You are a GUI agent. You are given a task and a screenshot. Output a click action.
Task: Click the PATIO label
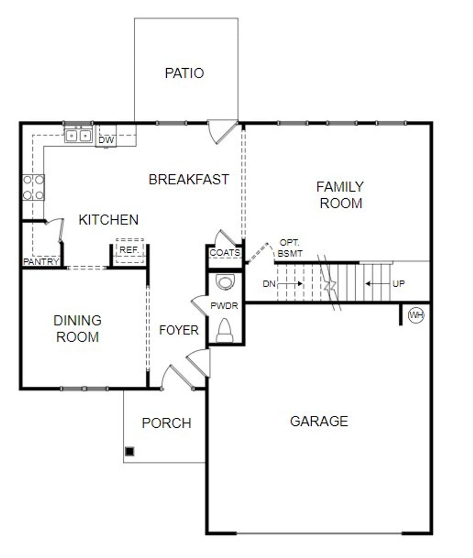pyautogui.click(x=184, y=73)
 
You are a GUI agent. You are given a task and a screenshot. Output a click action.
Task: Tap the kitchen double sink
pyautogui.click(x=78, y=136)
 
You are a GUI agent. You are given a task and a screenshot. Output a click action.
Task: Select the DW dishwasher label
pyautogui.click(x=106, y=140)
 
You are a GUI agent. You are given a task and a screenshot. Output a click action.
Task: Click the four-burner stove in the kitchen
pyautogui.click(x=33, y=187)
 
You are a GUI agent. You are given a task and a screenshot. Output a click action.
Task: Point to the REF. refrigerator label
pyautogui.click(x=129, y=250)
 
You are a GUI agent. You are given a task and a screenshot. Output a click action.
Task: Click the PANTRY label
pyautogui.click(x=41, y=262)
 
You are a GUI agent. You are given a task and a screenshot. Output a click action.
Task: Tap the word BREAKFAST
pyautogui.click(x=189, y=179)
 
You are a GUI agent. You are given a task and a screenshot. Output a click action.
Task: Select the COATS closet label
pyautogui.click(x=225, y=253)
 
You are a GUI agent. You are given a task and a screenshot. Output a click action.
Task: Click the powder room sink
pyautogui.click(x=225, y=282)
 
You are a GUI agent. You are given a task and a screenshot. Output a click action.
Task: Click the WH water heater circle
pyautogui.click(x=416, y=315)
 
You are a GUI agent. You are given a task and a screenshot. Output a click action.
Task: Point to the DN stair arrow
pyautogui.click(x=290, y=284)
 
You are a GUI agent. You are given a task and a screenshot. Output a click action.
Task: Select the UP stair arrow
pyautogui.click(x=377, y=284)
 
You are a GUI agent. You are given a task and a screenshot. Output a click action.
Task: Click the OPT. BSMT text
pyautogui.click(x=290, y=248)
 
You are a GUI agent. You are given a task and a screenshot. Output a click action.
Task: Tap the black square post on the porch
pyautogui.click(x=129, y=451)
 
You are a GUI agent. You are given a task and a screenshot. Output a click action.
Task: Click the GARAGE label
pyautogui.click(x=319, y=421)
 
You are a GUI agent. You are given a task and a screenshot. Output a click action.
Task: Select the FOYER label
pyautogui.click(x=179, y=330)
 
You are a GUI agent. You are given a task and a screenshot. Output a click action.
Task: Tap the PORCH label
pyautogui.click(x=167, y=423)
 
